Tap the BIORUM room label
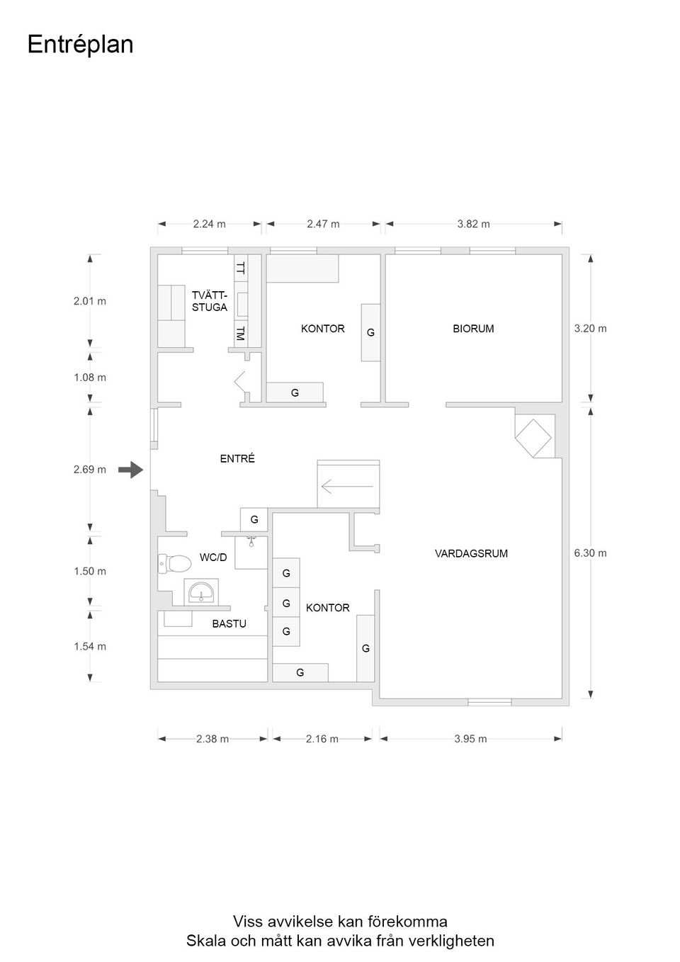473,329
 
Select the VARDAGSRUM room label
471,553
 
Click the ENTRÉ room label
237,458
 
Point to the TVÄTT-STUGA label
209,301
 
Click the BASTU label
229,623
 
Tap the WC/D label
213,558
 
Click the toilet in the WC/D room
174,563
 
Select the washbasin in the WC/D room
201,592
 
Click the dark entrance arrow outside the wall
130,470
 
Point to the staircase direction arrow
347,486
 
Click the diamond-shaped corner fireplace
533,438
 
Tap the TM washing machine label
240,333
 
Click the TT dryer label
240,268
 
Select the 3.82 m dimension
473,224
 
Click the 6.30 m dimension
590,553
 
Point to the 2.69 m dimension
90,470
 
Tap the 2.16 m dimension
322,739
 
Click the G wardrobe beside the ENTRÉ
254,520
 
